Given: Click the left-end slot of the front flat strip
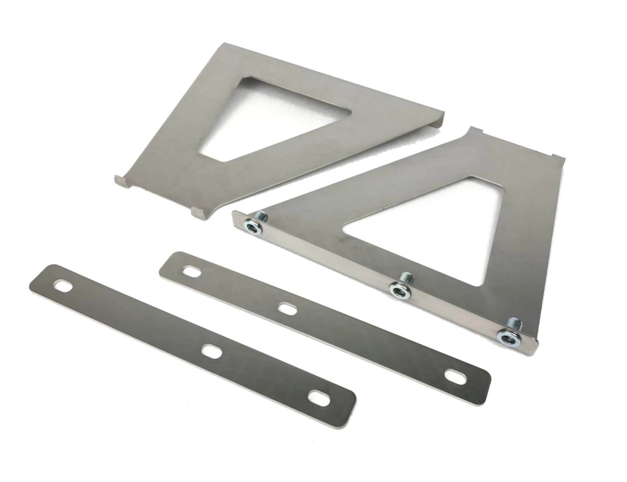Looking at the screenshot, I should click(63, 286).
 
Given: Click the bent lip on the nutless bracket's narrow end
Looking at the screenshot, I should click(438, 118).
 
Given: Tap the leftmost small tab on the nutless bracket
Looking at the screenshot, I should click(122, 182).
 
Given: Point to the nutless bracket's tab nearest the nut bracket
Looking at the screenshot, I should click(199, 212).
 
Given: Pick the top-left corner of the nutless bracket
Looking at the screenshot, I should click(225, 45).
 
